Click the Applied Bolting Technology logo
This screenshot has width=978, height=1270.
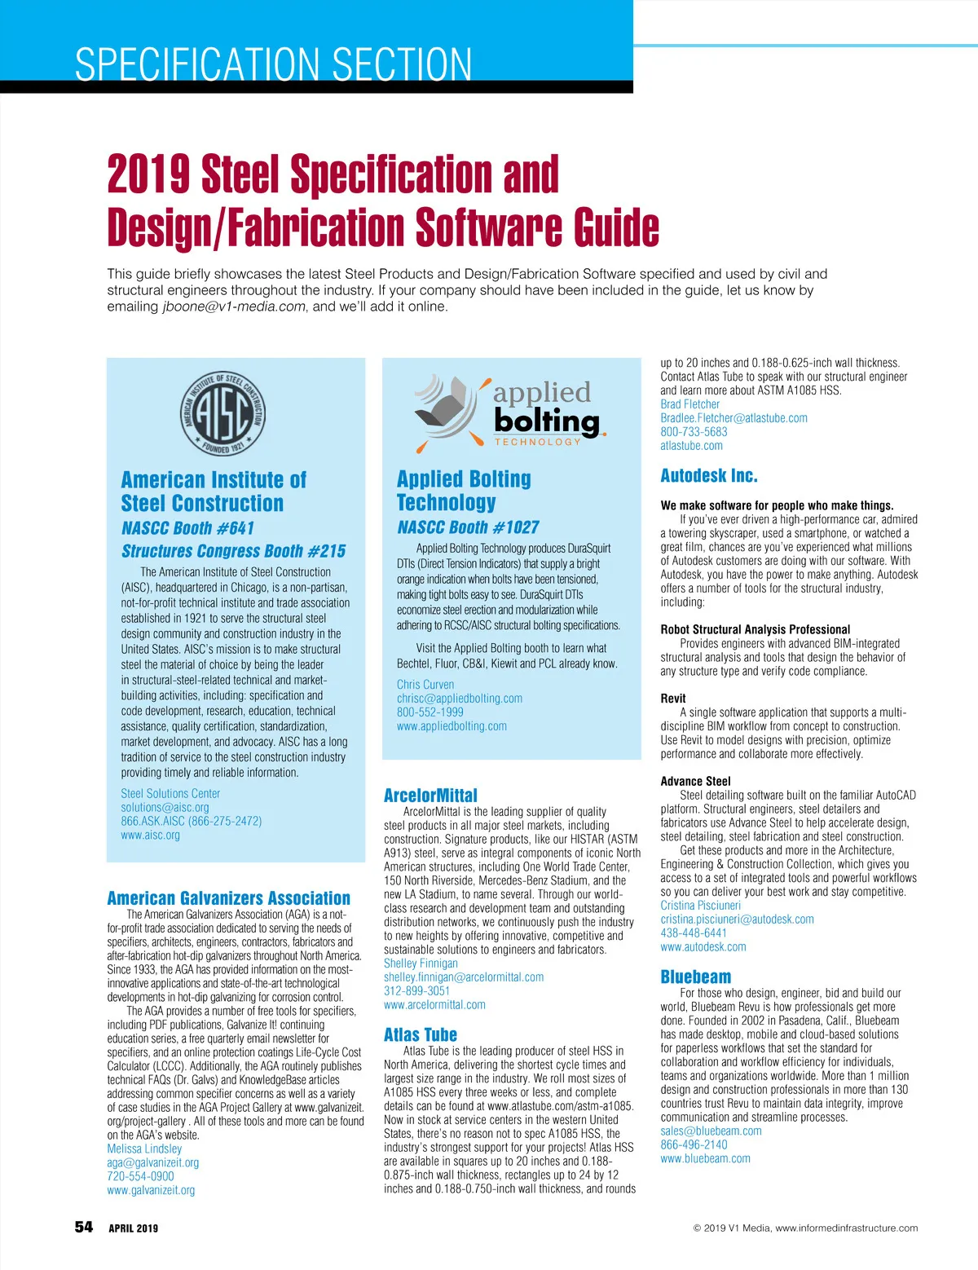509,413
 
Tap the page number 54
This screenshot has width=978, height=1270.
84,1228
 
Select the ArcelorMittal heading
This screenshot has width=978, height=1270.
430,796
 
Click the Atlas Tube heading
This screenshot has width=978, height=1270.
420,1035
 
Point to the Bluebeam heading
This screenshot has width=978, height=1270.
695,977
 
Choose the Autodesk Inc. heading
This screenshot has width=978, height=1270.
708,476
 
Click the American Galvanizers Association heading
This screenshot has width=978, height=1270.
228,898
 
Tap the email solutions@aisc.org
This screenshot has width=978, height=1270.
165,807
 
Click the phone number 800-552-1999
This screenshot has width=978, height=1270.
430,712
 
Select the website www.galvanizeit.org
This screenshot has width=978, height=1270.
151,1190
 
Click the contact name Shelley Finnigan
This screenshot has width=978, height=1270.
421,964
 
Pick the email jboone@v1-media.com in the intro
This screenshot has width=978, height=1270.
234,306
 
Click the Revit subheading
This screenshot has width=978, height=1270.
672,699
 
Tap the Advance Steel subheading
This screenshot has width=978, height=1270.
695,781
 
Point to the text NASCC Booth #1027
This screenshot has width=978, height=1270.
468,527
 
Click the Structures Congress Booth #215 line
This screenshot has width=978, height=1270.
233,551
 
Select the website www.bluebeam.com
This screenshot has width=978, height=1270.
705,1158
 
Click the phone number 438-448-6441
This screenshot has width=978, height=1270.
694,933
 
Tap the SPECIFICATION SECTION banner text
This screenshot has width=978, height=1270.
273,64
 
